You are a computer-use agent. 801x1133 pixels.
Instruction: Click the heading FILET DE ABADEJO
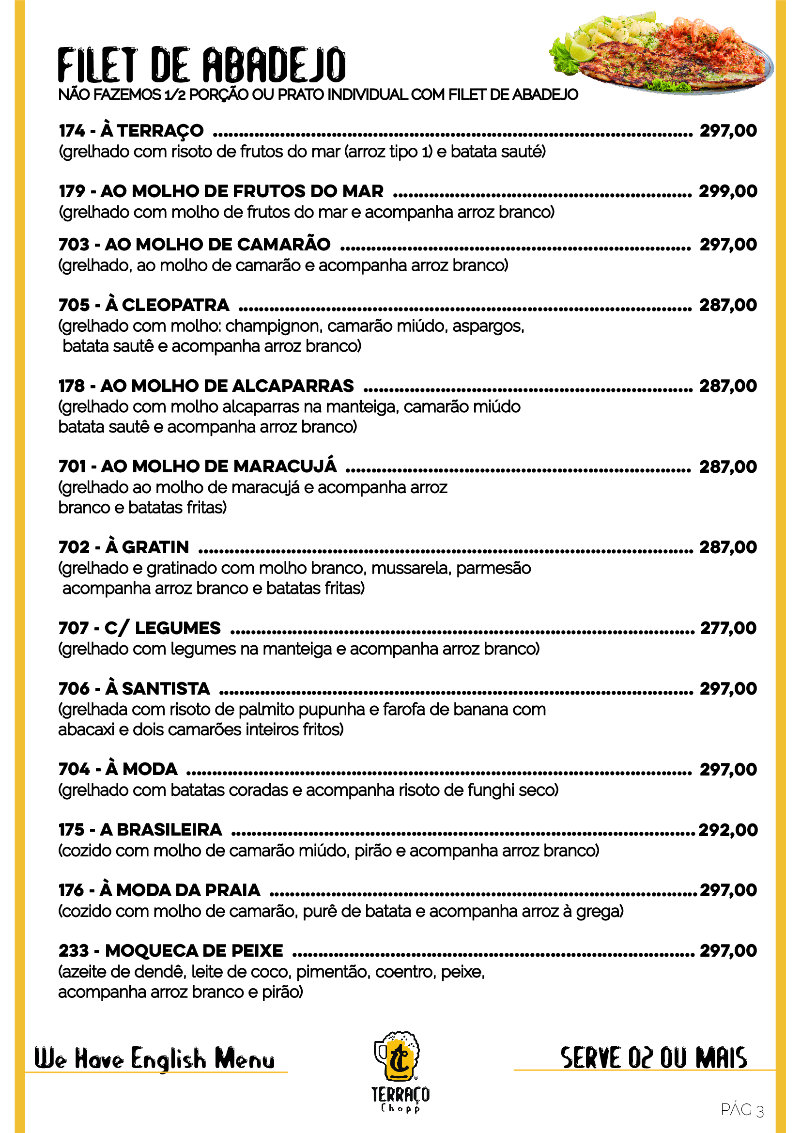pos(202,64)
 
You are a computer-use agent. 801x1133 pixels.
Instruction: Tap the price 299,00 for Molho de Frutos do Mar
pos(728,191)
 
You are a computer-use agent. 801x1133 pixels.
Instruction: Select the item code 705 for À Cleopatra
pos(74,305)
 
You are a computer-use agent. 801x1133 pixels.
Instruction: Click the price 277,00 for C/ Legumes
pos(728,628)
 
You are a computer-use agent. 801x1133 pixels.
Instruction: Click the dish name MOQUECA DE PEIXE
pos(194,950)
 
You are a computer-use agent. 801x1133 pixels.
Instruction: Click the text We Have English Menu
pos(154,1058)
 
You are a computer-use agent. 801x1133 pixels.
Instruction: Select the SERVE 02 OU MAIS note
pos(653,1057)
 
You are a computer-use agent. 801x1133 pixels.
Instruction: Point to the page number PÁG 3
pos(742,1109)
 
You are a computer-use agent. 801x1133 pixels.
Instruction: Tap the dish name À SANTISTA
pos(158,688)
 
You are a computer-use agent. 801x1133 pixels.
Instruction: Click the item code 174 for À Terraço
pos(72,130)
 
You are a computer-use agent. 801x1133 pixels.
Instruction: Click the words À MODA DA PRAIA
pos(180,890)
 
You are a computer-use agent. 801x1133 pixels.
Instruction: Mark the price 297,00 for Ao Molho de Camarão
pos(728,244)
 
